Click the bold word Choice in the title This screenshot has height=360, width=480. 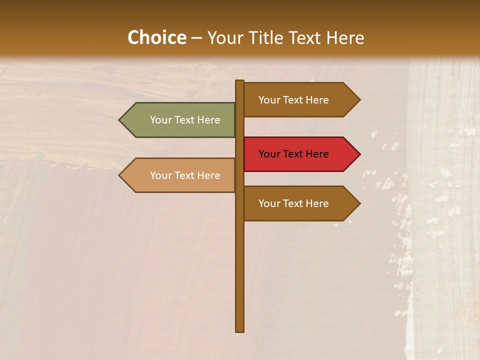[x=156, y=38]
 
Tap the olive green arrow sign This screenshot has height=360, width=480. [x=180, y=120]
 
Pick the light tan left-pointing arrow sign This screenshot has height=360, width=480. [x=180, y=175]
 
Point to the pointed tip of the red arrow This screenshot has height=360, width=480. [x=359, y=154]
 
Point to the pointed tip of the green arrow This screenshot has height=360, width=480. [x=120, y=120]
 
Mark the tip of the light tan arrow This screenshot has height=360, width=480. [x=120, y=175]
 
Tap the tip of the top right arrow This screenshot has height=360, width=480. [x=359, y=100]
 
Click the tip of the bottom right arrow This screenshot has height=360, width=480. [x=359, y=203]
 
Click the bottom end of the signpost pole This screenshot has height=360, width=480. [x=240, y=330]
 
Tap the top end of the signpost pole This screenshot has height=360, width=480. [x=240, y=82]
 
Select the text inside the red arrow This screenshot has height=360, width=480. [x=293, y=154]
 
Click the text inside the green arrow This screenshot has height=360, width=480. [x=185, y=120]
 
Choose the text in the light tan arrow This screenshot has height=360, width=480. [x=185, y=175]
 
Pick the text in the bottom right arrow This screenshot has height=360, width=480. [x=293, y=203]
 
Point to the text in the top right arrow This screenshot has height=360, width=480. [x=293, y=100]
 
